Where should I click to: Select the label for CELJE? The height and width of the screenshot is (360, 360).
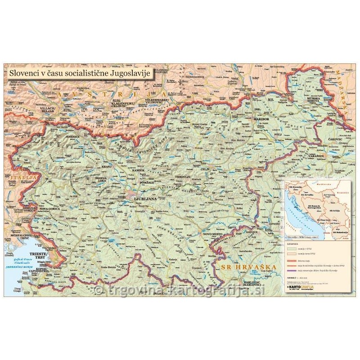click(x=205, y=169)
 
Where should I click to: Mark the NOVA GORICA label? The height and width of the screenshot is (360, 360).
click(x=50, y=209)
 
